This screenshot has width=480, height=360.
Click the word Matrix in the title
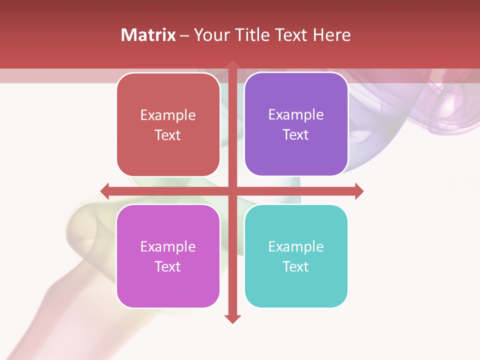[148, 35]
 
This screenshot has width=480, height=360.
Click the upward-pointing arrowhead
[232, 65]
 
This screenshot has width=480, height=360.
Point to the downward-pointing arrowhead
[232, 318]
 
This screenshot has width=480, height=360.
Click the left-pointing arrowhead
[105, 191]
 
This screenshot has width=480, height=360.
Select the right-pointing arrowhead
[359, 191]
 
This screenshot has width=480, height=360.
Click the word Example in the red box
[168, 115]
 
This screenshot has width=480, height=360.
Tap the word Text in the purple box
[296, 135]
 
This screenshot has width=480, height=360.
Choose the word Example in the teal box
[296, 246]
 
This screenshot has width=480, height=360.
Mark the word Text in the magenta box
[168, 266]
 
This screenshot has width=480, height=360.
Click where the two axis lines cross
[232, 191]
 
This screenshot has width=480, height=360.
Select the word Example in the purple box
[296, 115]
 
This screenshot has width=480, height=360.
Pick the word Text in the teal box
[296, 266]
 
